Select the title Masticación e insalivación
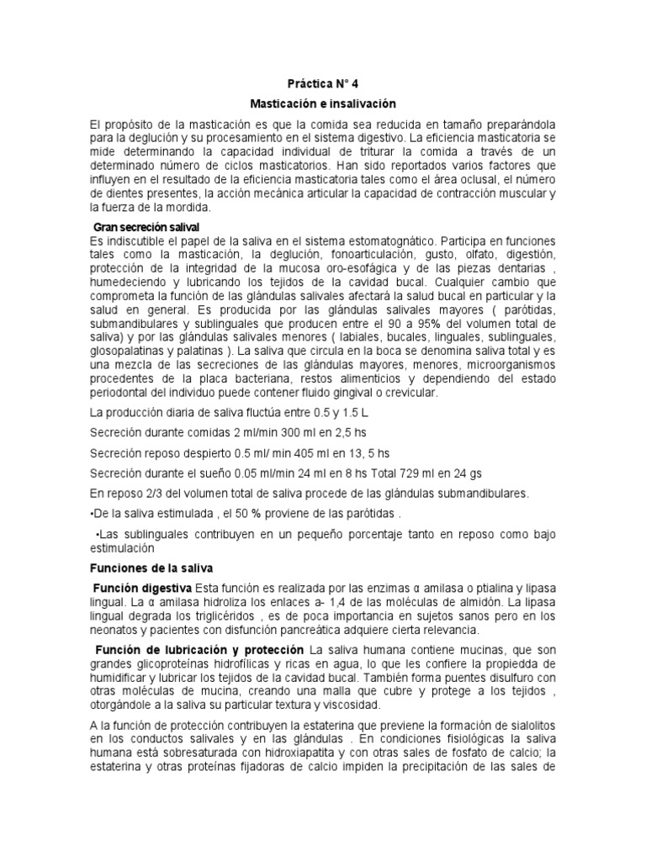tap(322, 103)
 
